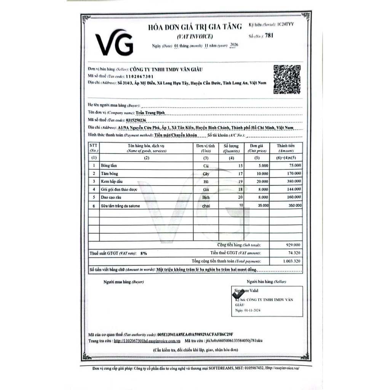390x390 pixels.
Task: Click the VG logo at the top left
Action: [x=114, y=43]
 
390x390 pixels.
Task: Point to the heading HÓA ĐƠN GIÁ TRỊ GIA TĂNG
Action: [x=195, y=27]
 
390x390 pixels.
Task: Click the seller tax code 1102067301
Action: [x=149, y=76]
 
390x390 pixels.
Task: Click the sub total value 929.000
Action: [x=292, y=245]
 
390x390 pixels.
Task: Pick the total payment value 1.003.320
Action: [x=292, y=262]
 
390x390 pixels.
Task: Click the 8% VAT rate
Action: [x=144, y=253]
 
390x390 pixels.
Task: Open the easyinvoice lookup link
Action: [x=147, y=341]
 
